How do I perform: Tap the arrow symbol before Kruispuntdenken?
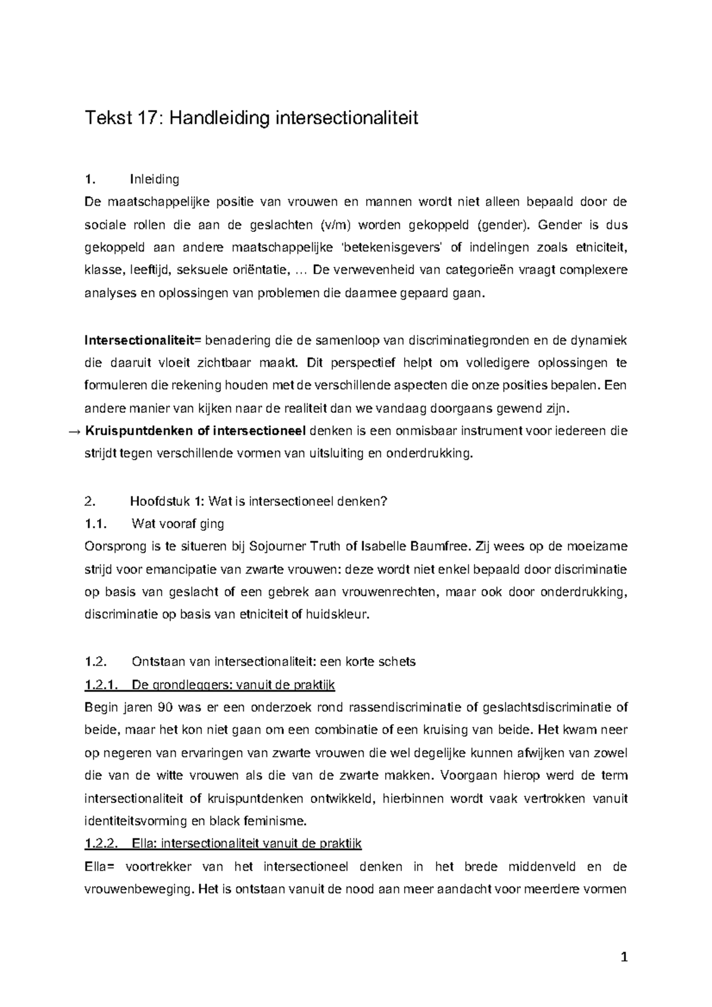[75, 431]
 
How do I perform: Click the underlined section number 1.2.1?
[103, 686]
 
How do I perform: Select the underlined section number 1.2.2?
[103, 843]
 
